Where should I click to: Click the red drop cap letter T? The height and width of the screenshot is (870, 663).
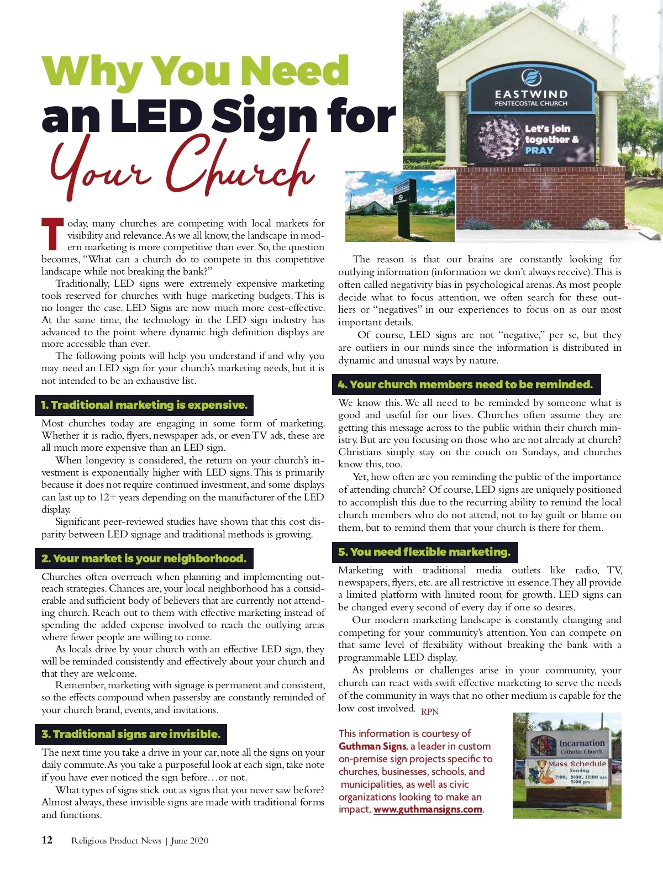coord(53,234)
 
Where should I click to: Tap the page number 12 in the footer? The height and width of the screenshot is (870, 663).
coord(47,840)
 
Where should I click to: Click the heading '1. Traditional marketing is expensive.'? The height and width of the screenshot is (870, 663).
coord(144,405)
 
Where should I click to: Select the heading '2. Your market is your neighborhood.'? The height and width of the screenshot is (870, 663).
coord(144,558)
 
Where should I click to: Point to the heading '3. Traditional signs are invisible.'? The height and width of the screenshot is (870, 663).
coord(131,734)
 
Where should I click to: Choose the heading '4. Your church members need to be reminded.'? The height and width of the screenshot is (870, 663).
coord(466,384)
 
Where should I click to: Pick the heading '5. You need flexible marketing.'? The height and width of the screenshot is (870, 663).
coord(424,552)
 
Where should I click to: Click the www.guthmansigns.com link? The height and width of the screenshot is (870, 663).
coord(428,809)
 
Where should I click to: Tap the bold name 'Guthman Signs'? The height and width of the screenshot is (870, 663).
coord(372,746)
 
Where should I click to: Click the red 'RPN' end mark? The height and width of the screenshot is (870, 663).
coord(430,711)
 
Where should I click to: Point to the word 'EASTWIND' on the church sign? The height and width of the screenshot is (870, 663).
coord(531,94)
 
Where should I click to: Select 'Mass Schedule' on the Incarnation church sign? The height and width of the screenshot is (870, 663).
coord(577,763)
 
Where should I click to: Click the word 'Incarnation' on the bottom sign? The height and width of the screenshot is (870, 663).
coord(582,743)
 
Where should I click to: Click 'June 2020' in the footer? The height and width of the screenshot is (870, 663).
coord(190,841)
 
